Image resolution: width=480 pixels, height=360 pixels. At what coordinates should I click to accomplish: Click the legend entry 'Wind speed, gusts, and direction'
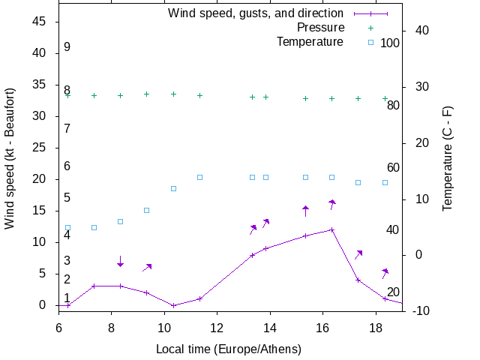[255, 13]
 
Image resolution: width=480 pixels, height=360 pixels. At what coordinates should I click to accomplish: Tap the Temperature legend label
[310, 41]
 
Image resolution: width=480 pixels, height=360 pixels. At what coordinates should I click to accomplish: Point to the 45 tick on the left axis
[40, 22]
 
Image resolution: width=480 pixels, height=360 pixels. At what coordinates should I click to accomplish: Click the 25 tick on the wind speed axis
[40, 148]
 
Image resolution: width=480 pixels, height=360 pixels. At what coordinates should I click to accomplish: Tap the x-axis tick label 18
[376, 327]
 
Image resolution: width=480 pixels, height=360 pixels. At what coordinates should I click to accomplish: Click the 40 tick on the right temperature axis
[421, 31]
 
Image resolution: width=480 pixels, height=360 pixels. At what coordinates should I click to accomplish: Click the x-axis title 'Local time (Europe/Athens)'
[228, 349]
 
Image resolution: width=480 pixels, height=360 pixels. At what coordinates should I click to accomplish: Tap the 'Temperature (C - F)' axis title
[448, 157]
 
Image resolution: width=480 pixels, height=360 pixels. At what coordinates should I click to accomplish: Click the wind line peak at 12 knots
[331, 229]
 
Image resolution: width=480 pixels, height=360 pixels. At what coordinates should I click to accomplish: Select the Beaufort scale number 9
[67, 47]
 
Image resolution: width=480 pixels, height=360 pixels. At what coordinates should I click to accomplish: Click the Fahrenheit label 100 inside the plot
[390, 43]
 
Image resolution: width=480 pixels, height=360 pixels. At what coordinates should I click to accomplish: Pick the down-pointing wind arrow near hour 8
[120, 261]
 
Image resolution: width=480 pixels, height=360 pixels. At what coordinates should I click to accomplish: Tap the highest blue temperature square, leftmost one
[199, 177]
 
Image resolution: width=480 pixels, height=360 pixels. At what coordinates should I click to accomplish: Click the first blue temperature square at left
[67, 227]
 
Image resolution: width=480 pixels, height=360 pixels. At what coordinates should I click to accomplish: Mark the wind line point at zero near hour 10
[173, 305]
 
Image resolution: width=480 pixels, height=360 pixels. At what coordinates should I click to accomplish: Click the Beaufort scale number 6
[67, 166]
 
